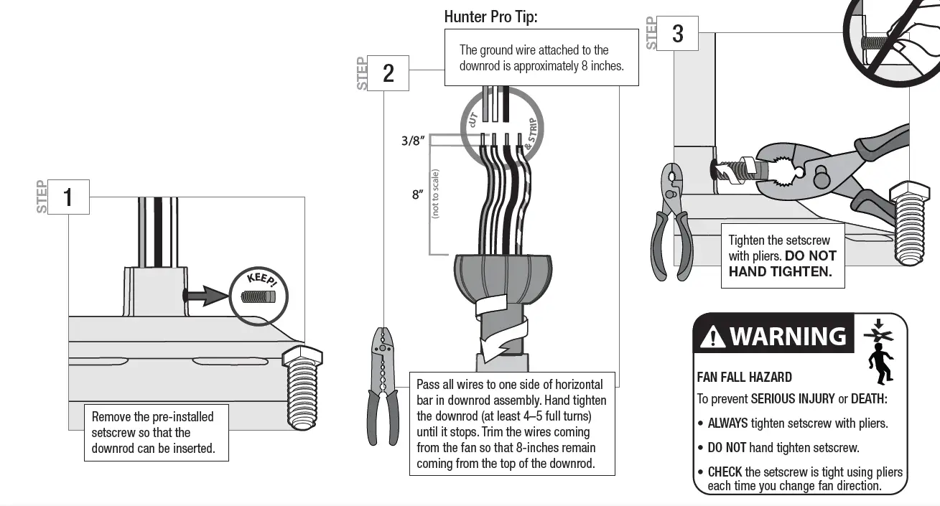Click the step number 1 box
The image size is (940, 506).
tap(69, 197)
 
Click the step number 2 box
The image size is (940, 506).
tap(388, 73)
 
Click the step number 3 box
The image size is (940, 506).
tap(677, 33)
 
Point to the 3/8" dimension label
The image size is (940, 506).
tap(413, 141)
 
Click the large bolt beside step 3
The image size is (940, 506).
tap(911, 222)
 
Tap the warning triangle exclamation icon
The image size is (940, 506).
tap(712, 336)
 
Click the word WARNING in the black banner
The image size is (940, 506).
tap(788, 336)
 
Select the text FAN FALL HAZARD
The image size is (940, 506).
tap(744, 378)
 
